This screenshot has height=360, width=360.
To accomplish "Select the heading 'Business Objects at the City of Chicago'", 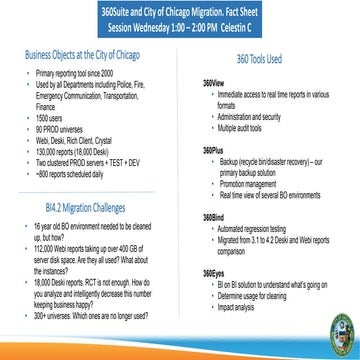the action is tap(84, 58).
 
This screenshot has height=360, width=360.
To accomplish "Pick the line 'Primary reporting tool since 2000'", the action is tap(76, 74).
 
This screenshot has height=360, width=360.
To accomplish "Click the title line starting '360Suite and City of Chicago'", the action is tap(180, 8).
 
